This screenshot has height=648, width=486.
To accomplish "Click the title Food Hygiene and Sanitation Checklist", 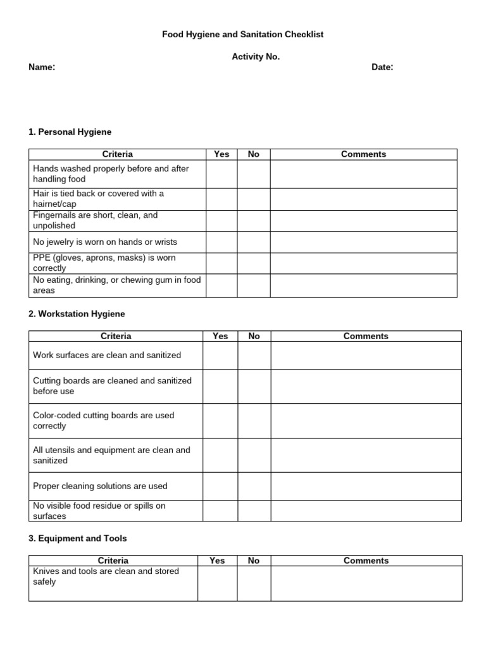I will (243, 35).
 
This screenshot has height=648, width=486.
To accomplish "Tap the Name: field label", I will (42, 67).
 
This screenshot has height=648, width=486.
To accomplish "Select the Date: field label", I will (382, 67).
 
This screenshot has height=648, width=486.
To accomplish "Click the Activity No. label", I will (256, 57).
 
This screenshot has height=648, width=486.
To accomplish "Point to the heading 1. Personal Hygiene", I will (70, 132).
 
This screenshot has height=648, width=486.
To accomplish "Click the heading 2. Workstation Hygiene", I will (77, 314).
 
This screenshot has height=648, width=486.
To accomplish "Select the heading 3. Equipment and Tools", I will (77, 539).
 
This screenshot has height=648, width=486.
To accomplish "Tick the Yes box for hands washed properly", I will (221, 174).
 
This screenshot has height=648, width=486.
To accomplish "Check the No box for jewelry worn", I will (254, 242).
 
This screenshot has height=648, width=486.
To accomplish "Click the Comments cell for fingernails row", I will (363, 220).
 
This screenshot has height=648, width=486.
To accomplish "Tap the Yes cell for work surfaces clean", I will (220, 355).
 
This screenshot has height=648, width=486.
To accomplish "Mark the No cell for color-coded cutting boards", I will (254, 421).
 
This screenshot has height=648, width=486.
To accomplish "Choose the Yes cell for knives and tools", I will (217, 583).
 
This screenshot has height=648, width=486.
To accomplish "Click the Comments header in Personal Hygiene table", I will (363, 154).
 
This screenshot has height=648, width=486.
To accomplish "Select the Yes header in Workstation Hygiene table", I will (220, 336).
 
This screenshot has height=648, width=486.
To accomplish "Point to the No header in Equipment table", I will (254, 561).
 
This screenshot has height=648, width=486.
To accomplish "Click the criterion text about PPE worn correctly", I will (104, 263).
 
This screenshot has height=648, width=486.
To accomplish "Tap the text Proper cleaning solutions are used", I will (100, 486).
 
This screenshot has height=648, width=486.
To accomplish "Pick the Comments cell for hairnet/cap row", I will (363, 199).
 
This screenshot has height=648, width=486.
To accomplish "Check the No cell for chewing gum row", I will (254, 285).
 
